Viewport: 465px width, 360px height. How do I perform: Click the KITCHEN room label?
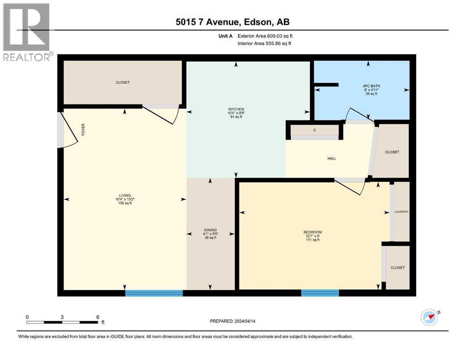point(236,109)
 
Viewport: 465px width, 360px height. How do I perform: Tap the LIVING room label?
point(125,195)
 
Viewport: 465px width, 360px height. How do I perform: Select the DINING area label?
point(210,230)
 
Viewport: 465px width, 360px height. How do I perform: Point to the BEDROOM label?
point(312,232)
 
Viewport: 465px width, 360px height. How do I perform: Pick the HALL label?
point(332,158)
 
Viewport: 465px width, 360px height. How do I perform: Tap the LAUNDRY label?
point(402,212)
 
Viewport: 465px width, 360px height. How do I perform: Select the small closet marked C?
point(315,130)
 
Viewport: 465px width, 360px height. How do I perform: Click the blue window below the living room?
point(154,293)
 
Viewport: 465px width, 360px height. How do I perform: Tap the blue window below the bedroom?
point(319,293)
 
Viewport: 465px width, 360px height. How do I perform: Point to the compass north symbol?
point(430,317)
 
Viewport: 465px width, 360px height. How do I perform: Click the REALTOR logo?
point(26,32)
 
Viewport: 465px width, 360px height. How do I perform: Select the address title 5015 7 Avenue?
point(233,22)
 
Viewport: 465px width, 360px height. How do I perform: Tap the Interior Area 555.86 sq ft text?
point(266,44)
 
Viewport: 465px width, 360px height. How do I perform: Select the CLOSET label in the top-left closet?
point(123,82)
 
